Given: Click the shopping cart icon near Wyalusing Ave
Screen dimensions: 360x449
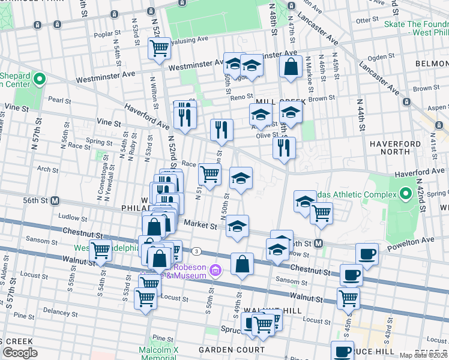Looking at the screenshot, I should [x=159, y=48].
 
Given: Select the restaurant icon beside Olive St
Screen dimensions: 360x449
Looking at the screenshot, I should [x=284, y=148].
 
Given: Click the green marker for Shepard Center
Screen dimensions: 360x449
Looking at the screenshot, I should [x=40, y=79].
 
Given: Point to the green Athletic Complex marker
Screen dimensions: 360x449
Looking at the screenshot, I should [x=406, y=194].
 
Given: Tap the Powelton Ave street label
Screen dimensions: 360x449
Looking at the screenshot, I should [x=421, y=239].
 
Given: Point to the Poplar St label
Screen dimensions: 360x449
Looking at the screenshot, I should [x=103, y=34].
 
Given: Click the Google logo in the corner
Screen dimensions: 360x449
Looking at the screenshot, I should [x=20, y=353].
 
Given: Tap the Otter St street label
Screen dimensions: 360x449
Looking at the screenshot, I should [x=365, y=20].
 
